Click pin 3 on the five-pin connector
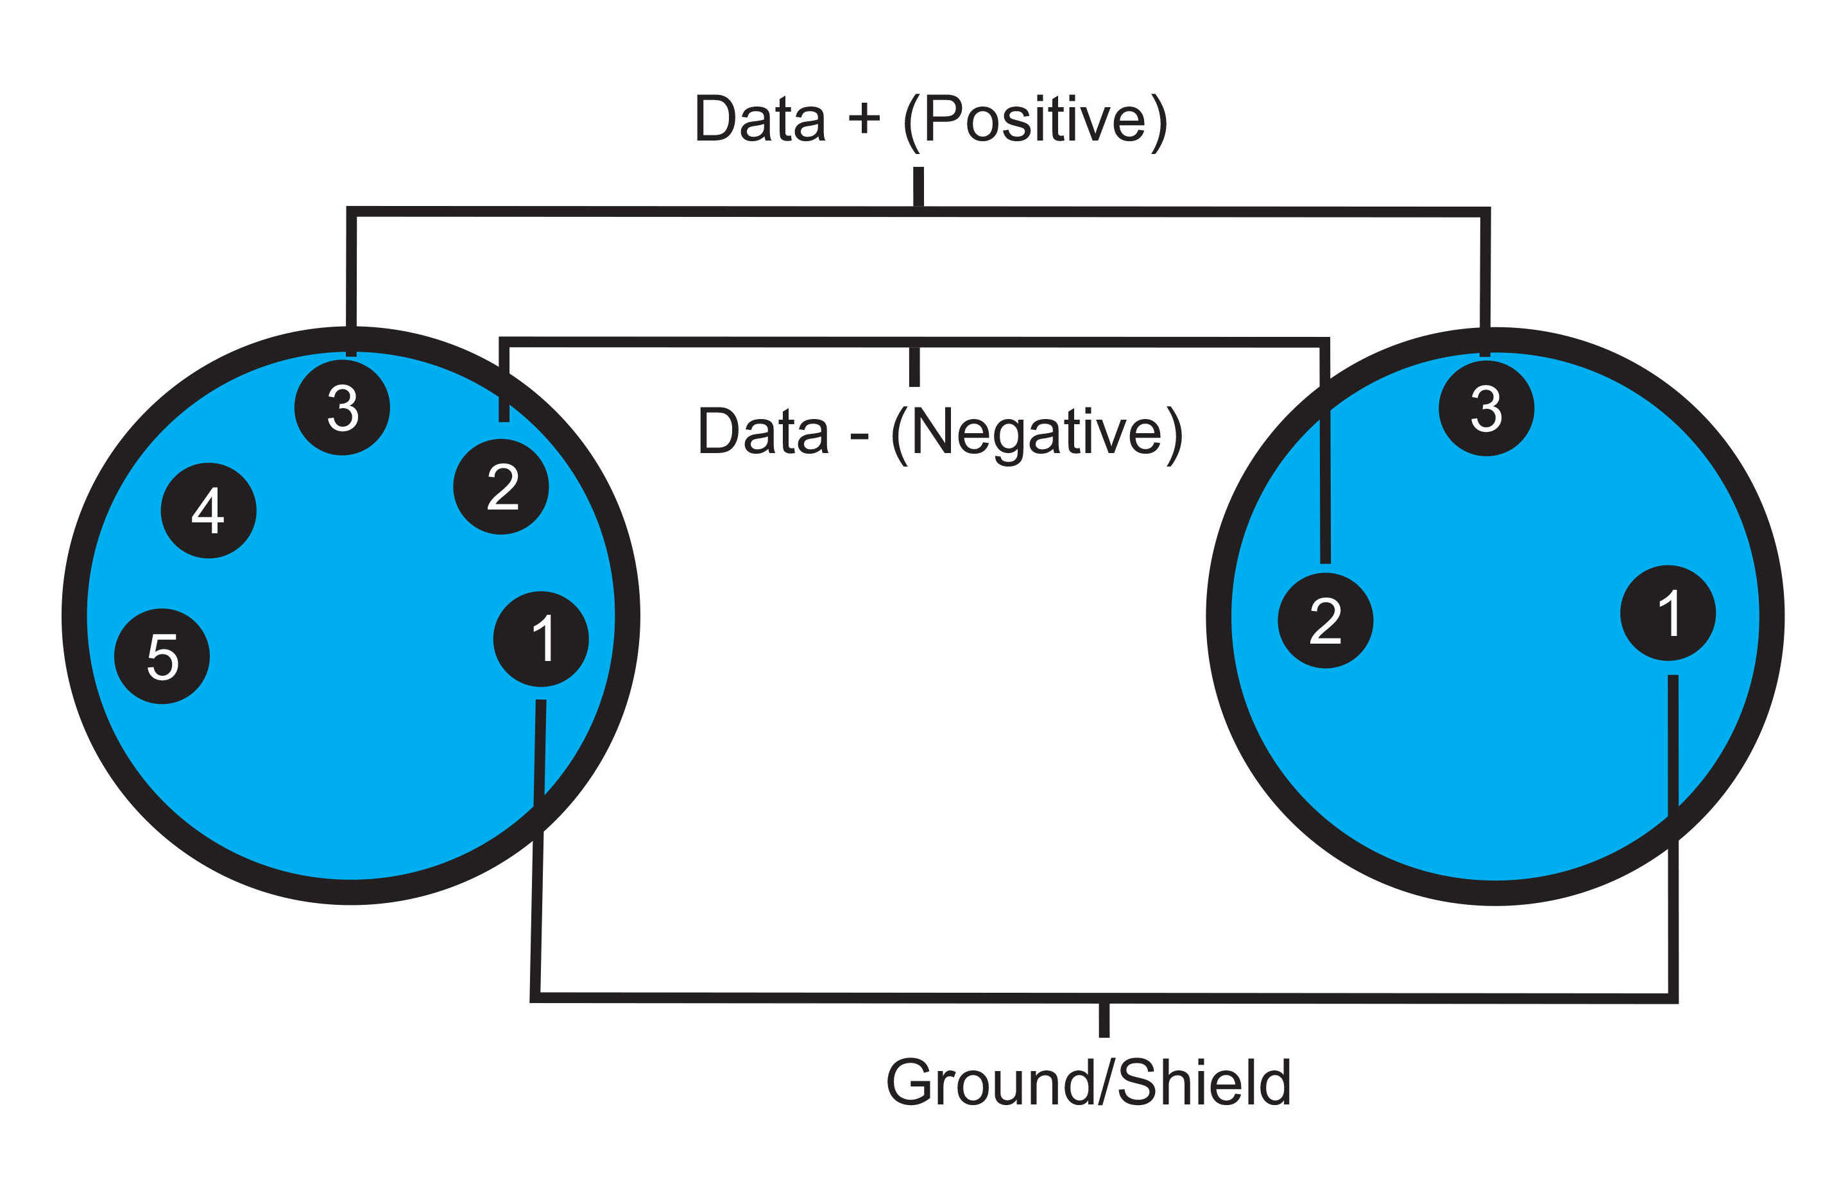342,408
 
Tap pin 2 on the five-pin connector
501,486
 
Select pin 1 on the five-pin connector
540,639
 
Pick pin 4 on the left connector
209,511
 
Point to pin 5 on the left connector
162,656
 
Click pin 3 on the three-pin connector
1486,408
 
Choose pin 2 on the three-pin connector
1325,621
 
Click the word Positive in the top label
1035,120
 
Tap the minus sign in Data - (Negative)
859,436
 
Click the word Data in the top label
760,119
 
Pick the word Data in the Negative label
764,431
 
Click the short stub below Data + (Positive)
918,187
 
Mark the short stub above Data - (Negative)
914,366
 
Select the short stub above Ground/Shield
1104,1020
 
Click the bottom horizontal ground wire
1104,998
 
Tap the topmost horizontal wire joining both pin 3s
918,211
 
